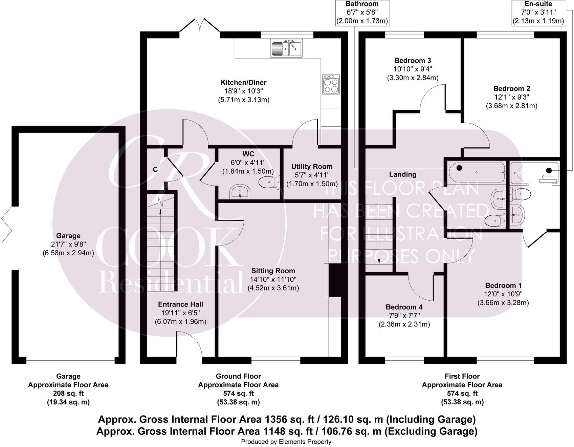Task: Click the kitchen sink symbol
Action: [287, 48]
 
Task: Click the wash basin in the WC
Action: [240, 192]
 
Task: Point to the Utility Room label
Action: [312, 166]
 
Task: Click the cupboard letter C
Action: [155, 169]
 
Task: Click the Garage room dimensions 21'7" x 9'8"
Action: [68, 244]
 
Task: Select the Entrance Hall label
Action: [180, 304]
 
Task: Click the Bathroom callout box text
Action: [362, 13]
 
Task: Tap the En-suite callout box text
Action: [538, 13]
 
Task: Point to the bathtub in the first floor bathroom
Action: [477, 172]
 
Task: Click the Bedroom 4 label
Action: [404, 307]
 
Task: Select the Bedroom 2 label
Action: [511, 89]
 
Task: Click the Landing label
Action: [402, 174]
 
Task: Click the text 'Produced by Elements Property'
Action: [286, 442]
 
